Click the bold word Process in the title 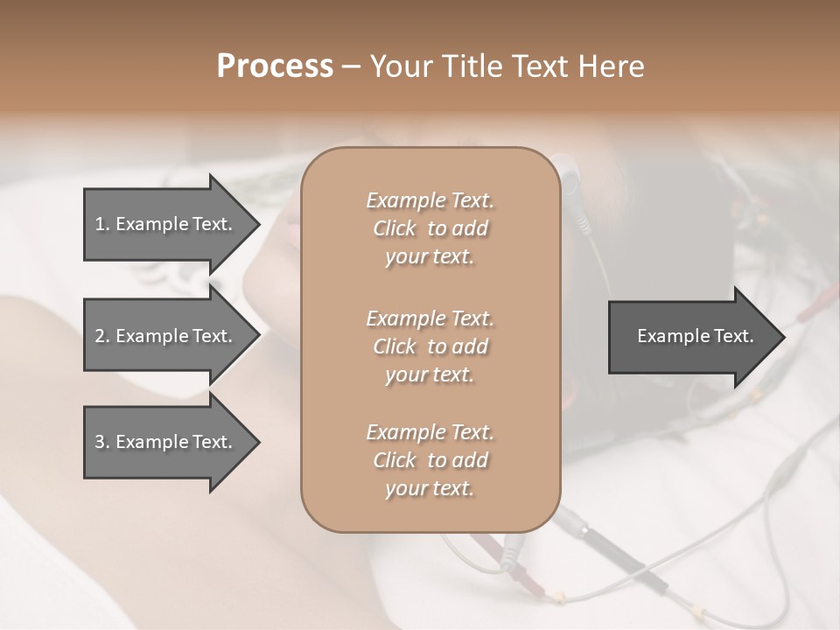tap(275, 66)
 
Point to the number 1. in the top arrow tap(102, 224)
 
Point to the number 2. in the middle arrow tap(102, 336)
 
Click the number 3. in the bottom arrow tap(102, 442)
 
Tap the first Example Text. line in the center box tap(430, 200)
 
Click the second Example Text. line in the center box tap(430, 318)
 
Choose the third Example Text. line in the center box tap(430, 432)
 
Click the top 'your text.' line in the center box tap(430, 257)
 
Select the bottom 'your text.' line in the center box tap(430, 489)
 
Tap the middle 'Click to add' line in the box tap(430, 346)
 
